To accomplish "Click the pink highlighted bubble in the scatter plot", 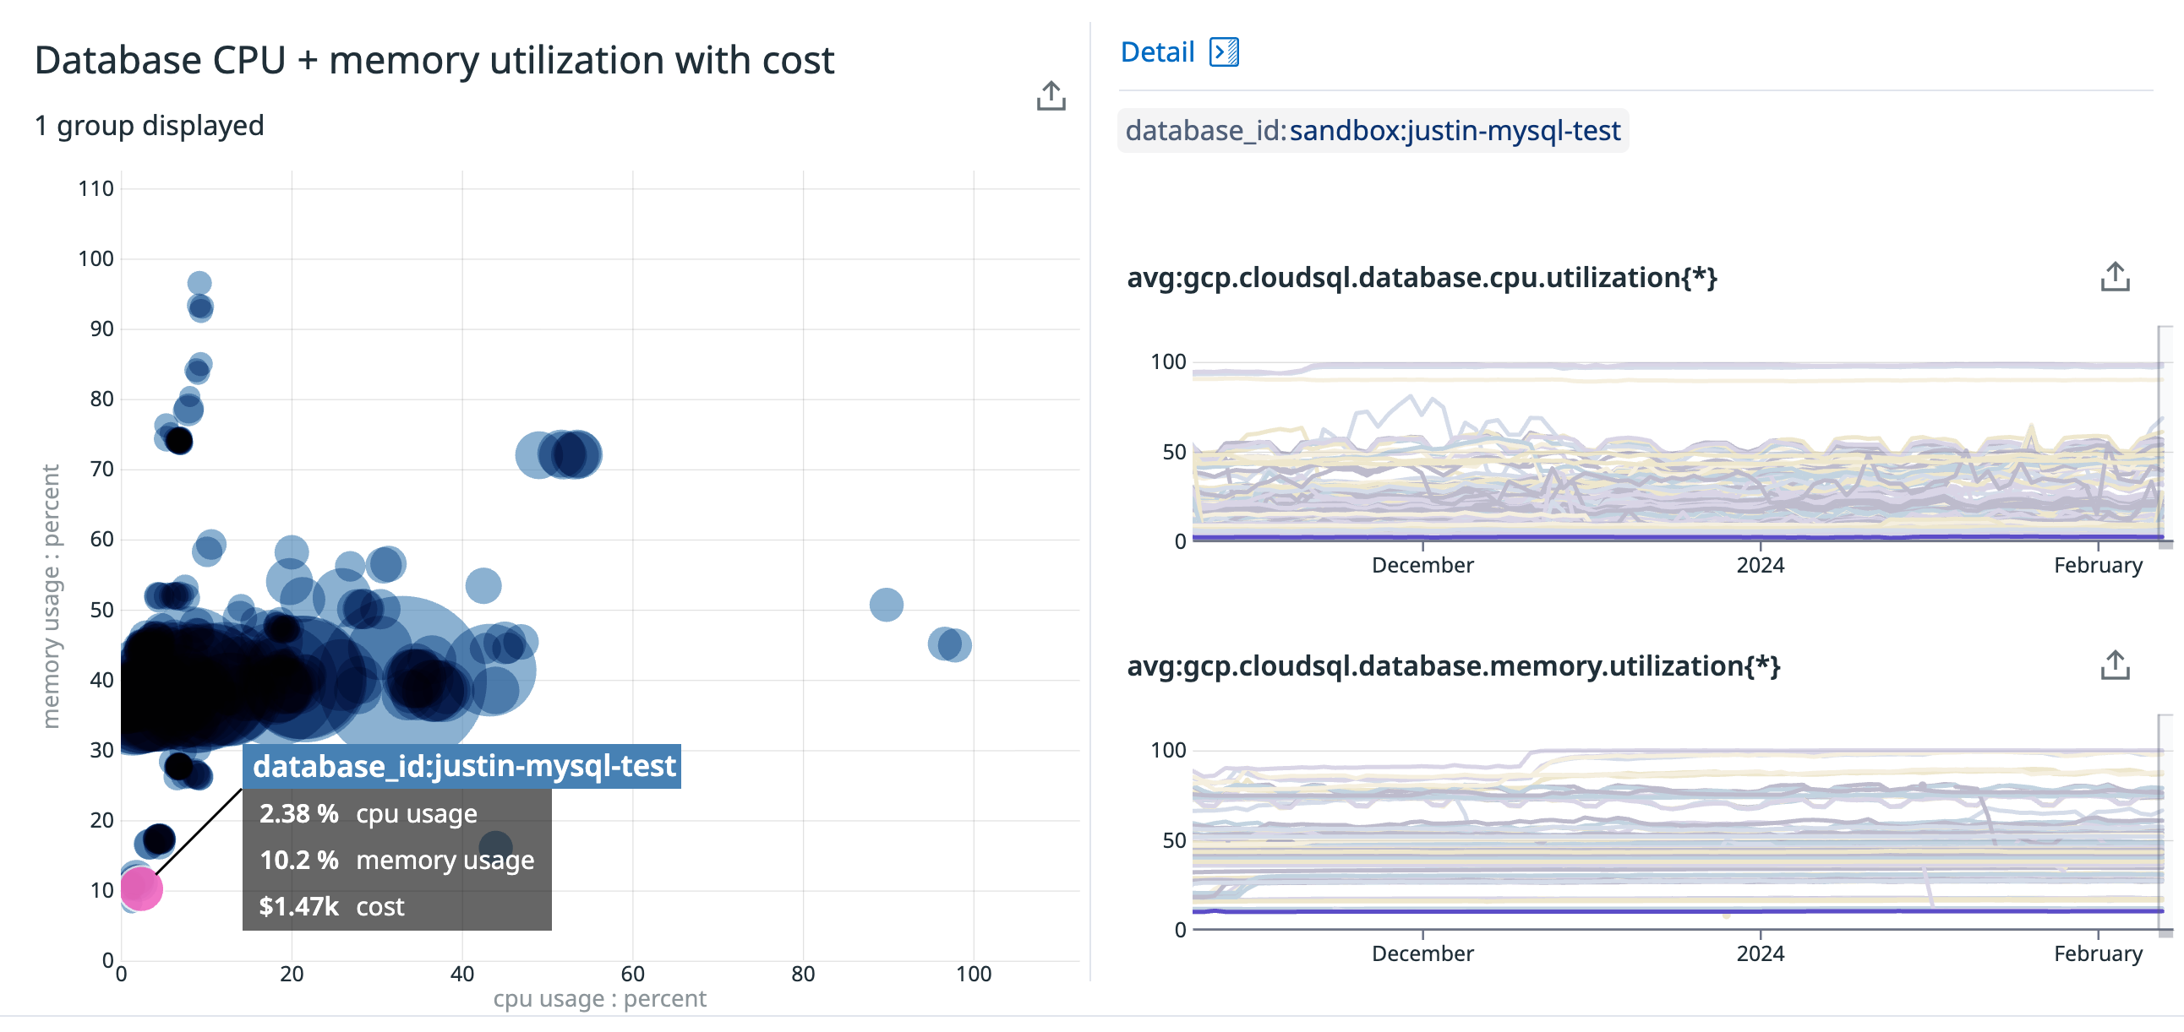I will click(141, 888).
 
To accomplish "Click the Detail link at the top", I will click(1156, 52).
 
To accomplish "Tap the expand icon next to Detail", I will click(1223, 52).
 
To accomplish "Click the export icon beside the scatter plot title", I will click(1051, 95).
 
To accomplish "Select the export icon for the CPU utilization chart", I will click(2115, 276).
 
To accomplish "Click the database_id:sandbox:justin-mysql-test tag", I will click(1373, 131).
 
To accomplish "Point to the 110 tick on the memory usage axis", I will click(96, 189).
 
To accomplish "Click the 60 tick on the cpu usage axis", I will click(632, 974).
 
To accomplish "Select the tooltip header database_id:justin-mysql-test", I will click(464, 766).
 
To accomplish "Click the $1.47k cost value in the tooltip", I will click(298, 906).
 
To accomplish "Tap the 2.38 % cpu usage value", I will click(298, 813).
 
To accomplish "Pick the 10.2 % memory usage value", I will click(298, 860).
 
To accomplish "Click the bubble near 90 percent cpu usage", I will click(886, 604).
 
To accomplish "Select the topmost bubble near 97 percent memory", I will click(199, 283).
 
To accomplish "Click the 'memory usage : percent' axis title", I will click(51, 595).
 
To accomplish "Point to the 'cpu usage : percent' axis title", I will click(599, 999).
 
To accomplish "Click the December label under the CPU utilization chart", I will click(1422, 565).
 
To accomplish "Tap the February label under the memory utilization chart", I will click(2097, 953).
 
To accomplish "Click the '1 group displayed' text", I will click(150, 125).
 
